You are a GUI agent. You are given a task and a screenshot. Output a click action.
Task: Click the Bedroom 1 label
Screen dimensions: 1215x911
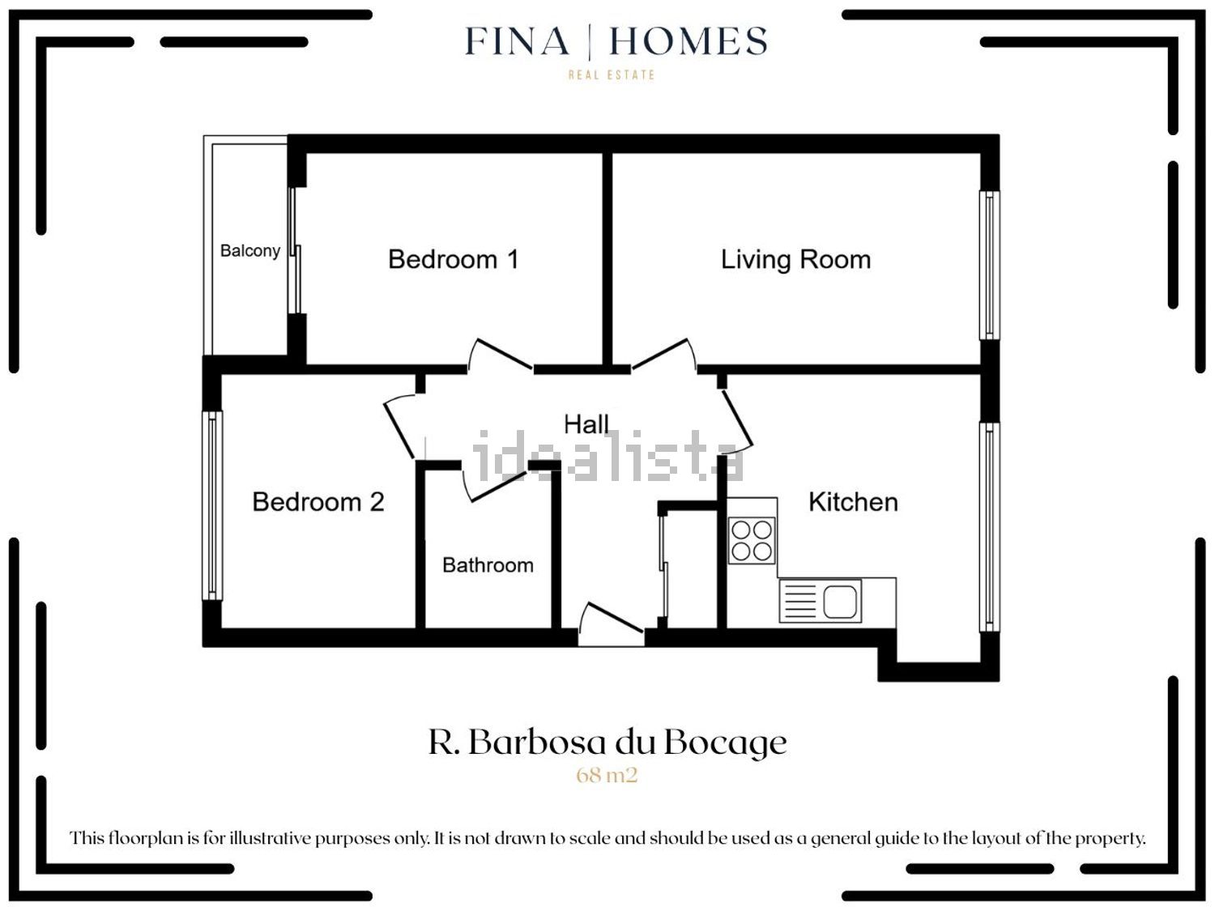[x=454, y=259]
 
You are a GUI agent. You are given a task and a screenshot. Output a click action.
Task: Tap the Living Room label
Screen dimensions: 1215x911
[x=795, y=260]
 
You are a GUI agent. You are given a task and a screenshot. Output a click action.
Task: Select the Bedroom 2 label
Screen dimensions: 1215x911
[x=318, y=502]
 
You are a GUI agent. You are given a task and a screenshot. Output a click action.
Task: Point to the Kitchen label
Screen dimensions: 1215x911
[x=853, y=502]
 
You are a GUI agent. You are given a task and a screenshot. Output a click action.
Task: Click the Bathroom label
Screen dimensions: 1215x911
[x=488, y=564]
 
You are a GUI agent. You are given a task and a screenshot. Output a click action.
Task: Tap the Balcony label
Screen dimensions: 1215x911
[x=250, y=251]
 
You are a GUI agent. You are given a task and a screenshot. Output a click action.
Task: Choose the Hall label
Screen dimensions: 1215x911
[x=586, y=424]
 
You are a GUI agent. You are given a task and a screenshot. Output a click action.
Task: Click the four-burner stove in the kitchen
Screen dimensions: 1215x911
[x=751, y=540]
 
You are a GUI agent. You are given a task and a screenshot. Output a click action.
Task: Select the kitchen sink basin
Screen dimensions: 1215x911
[x=840, y=601]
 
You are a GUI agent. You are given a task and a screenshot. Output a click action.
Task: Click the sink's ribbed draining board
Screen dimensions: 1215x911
[x=799, y=601]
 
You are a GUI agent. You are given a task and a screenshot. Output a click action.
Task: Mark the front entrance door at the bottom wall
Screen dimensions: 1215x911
[x=611, y=624]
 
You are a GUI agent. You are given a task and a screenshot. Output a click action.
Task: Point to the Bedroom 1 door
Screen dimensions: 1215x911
[x=501, y=355]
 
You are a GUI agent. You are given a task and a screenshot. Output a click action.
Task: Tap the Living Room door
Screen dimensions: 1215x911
[x=663, y=354]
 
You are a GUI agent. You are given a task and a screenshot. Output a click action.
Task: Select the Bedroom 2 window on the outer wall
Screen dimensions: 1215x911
[x=212, y=505]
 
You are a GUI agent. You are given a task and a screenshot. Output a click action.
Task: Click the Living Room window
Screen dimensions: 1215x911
[x=990, y=266]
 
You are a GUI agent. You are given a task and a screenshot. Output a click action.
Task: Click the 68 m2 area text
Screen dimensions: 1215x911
[x=607, y=775]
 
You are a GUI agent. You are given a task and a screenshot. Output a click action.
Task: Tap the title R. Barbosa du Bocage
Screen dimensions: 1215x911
[x=607, y=743]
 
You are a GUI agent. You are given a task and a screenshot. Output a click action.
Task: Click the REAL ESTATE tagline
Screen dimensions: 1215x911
[x=611, y=74]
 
